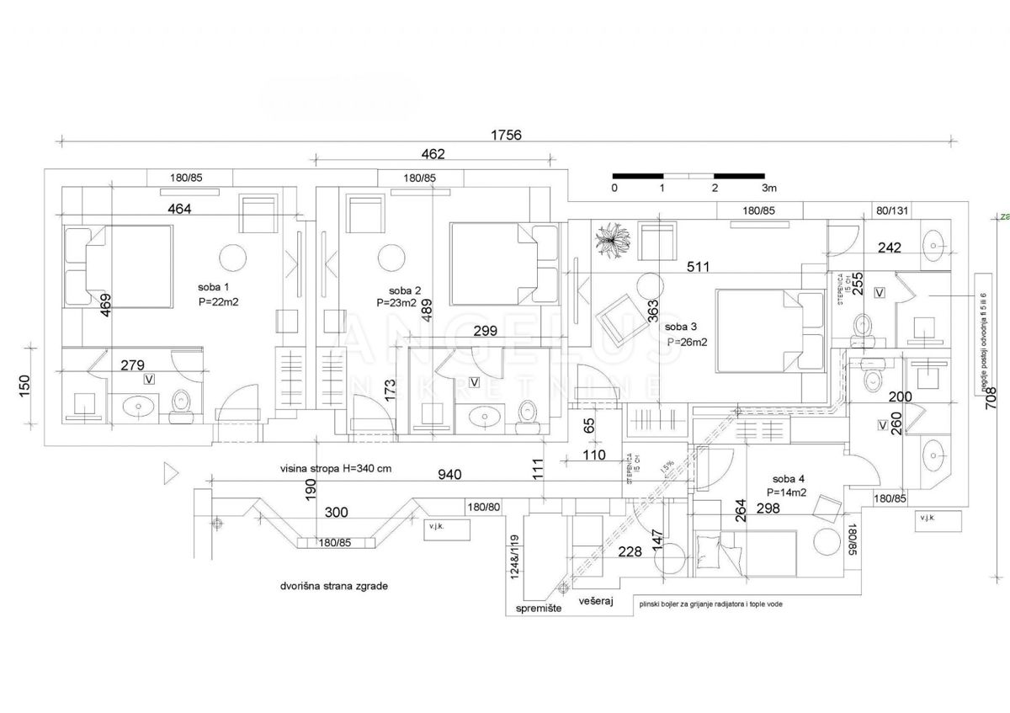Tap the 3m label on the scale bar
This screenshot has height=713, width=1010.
pos(768,188)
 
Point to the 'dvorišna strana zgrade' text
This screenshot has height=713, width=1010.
pos(334,585)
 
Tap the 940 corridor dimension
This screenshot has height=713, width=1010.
pos(450,475)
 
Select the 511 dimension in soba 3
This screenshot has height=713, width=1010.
pos(698,267)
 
